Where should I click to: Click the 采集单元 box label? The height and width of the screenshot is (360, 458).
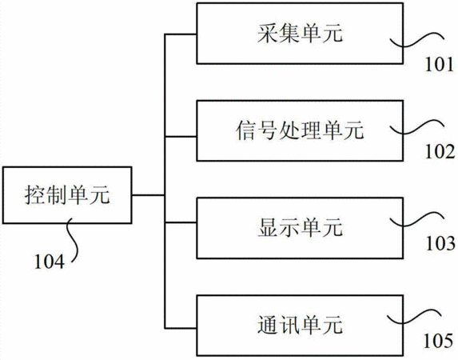(300, 34)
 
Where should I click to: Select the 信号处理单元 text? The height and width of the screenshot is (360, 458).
(300, 130)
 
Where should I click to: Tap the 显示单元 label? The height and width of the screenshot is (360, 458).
(300, 227)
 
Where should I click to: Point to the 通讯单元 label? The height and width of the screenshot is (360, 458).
(300, 325)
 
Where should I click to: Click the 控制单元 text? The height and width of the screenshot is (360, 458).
(67, 194)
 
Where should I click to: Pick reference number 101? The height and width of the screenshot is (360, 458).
(440, 64)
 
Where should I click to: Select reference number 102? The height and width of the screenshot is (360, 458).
(440, 151)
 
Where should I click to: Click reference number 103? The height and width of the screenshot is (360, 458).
(440, 243)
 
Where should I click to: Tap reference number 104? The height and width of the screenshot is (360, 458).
(49, 262)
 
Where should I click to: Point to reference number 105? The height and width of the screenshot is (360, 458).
(438, 341)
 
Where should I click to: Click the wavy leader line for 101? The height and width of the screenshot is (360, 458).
(416, 41)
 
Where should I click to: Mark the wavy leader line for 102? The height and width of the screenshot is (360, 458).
(416, 127)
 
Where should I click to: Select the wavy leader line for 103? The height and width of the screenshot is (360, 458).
(416, 220)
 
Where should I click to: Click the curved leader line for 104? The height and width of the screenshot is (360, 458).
(73, 240)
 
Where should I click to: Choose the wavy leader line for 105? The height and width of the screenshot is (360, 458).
(413, 317)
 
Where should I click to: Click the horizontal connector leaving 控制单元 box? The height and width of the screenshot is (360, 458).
(148, 194)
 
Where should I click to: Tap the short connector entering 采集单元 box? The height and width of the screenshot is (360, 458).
(181, 34)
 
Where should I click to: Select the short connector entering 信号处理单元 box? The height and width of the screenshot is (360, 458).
(181, 136)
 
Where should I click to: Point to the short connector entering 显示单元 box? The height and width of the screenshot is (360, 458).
(181, 222)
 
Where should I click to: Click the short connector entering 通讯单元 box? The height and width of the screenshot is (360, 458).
(181, 328)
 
